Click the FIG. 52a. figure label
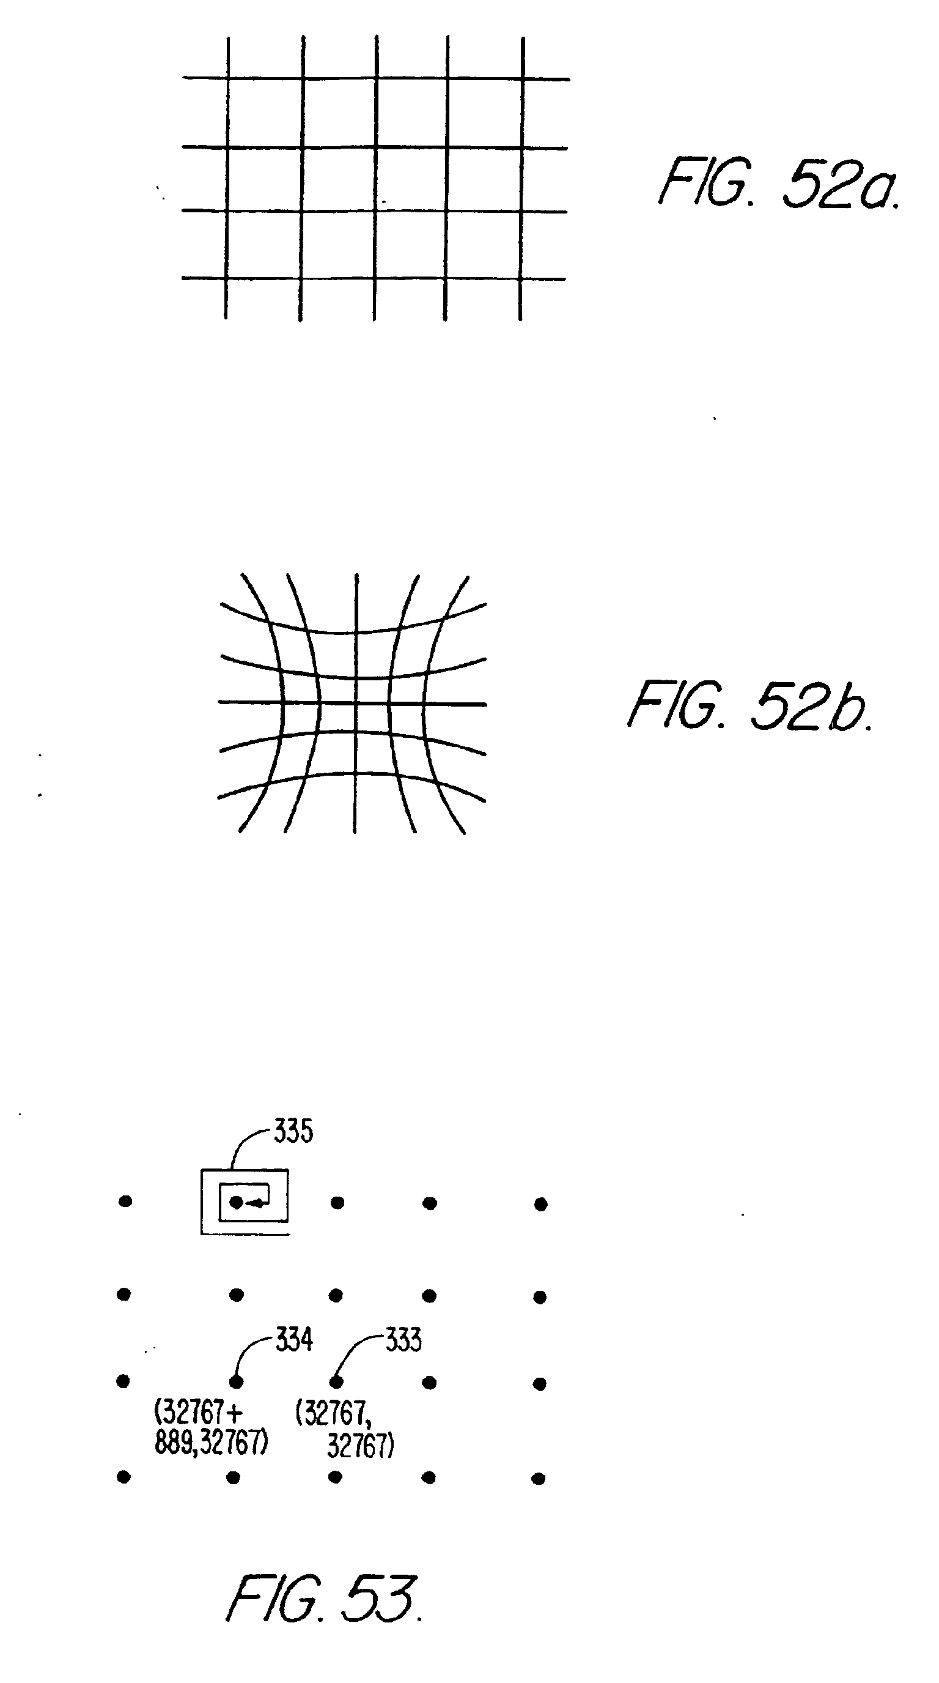coord(779,184)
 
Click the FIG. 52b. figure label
coord(749,705)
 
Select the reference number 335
coord(293,1131)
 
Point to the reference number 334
coord(294,1340)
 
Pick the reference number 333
coord(403,1340)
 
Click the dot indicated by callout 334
coord(237,1381)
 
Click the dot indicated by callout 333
coord(336,1381)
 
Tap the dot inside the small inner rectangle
coord(237,1202)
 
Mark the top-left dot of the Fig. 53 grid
coord(125,1201)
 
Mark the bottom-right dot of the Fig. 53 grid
coord(539,1479)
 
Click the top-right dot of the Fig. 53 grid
coord(540,1203)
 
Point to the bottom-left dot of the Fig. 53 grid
coord(123,1477)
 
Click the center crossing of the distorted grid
coord(356,704)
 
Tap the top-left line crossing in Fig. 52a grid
coord(227,78)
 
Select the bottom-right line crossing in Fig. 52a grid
coord(520,279)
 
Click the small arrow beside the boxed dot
coord(256,1203)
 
